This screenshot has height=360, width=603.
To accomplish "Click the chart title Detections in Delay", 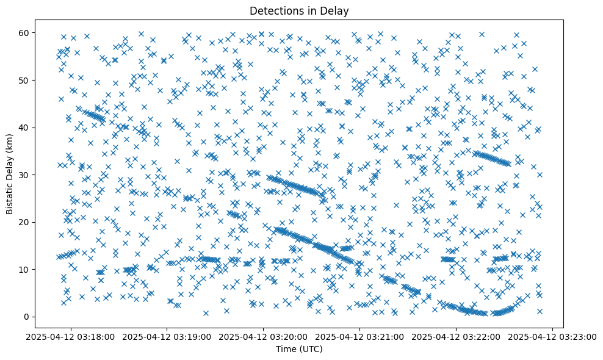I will coord(301,10).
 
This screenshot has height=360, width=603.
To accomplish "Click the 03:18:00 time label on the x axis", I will coord(71,336).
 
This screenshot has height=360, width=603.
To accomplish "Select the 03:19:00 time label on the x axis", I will coord(167,336).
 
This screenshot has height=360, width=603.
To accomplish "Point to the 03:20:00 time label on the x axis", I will coord(264,336).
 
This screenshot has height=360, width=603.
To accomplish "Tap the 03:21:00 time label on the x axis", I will coord(360,336).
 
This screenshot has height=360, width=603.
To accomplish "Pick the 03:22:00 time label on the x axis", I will coord(457,336).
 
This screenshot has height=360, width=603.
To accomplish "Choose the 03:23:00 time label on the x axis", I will coord(552,336).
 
